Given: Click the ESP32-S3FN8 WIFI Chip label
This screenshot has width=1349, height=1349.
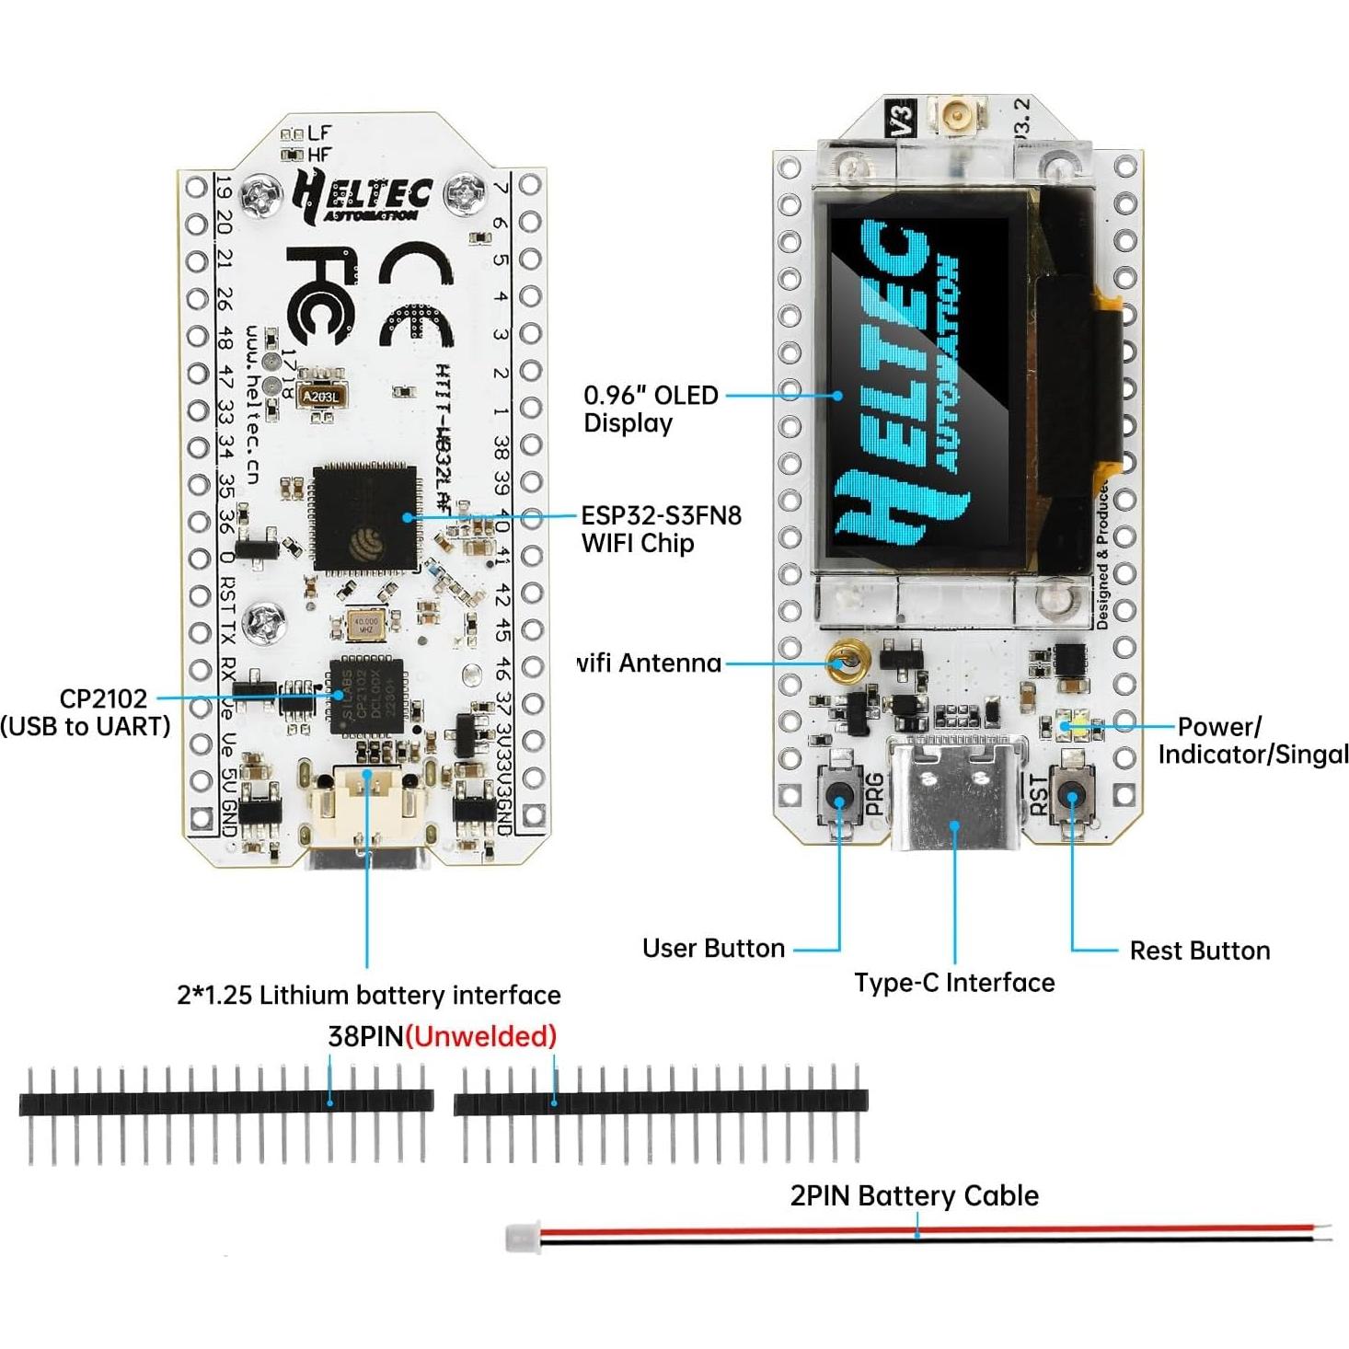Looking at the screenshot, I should tap(661, 528).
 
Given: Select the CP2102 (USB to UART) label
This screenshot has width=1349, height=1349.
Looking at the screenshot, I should tap(86, 712).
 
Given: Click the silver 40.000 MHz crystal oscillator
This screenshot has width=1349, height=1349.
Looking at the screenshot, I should tap(365, 626).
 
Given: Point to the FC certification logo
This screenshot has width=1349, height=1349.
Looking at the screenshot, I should tap(318, 294).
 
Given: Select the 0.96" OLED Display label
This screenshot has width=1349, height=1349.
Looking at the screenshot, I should tap(651, 409).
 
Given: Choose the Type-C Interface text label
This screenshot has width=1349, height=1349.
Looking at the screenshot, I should tap(954, 983).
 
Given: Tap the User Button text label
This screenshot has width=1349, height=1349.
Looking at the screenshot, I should tap(713, 949).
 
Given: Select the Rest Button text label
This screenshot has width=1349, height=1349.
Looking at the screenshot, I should tap(1199, 951).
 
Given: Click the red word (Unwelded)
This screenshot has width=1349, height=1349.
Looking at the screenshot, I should tap(480, 1036).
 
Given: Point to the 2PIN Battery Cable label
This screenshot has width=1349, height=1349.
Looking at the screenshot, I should tap(914, 1195).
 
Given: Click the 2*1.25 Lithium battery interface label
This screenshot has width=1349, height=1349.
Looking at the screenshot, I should tap(368, 995).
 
